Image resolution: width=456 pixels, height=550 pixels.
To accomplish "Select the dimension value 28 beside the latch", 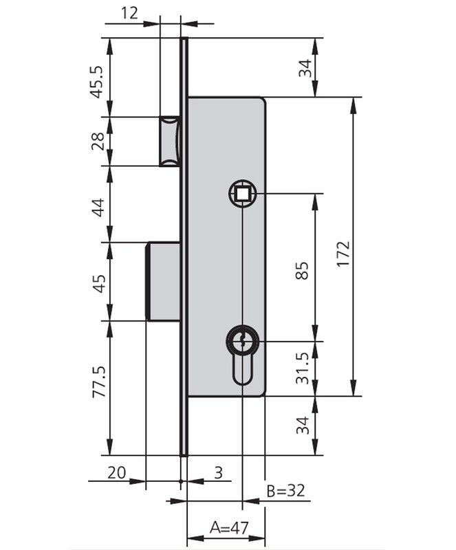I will (98, 141).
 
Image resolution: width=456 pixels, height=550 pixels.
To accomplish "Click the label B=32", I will (285, 491).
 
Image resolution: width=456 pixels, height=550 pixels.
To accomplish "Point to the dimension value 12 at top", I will (129, 12).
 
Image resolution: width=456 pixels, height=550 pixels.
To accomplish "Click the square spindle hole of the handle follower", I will (242, 195).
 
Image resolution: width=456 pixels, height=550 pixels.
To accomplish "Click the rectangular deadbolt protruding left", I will (164, 280).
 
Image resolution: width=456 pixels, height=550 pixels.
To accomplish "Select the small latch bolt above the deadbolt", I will (170, 141).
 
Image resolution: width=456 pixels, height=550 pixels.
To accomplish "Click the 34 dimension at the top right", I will (305, 67).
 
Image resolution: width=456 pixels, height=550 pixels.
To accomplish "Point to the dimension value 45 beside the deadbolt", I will (98, 282).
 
